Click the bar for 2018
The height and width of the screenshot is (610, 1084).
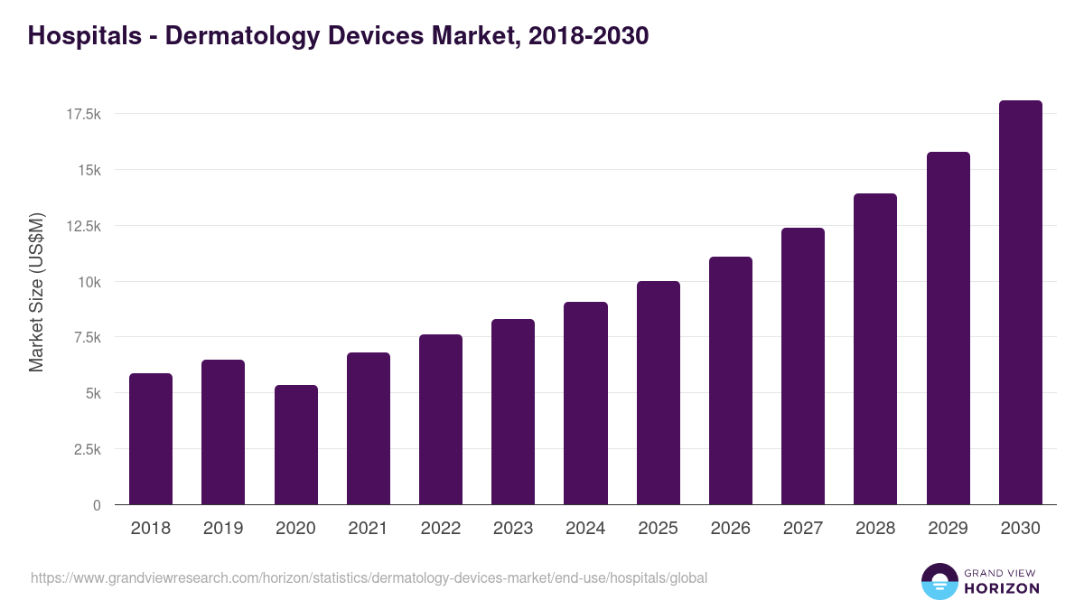tap(151, 439)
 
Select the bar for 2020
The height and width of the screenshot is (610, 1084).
tap(296, 445)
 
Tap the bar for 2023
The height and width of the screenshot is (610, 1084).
tap(513, 412)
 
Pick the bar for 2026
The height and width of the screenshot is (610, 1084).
tap(730, 380)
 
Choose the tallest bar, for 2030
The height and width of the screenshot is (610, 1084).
tap(1020, 303)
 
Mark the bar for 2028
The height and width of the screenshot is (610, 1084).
tap(875, 349)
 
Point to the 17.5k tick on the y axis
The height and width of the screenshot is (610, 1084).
tap(82, 114)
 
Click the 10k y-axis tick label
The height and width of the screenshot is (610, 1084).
tap(88, 282)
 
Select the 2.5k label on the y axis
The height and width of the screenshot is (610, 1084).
tap(86, 449)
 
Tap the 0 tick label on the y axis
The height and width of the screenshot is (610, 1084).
tap(97, 505)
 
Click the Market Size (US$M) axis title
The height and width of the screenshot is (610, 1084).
tap(36, 292)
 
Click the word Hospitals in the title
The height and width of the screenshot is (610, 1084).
tap(83, 36)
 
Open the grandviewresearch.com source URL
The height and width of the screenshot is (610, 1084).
tap(369, 577)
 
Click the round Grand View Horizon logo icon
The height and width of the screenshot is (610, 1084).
tap(939, 581)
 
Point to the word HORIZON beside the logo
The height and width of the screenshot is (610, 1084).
tap(1001, 588)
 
